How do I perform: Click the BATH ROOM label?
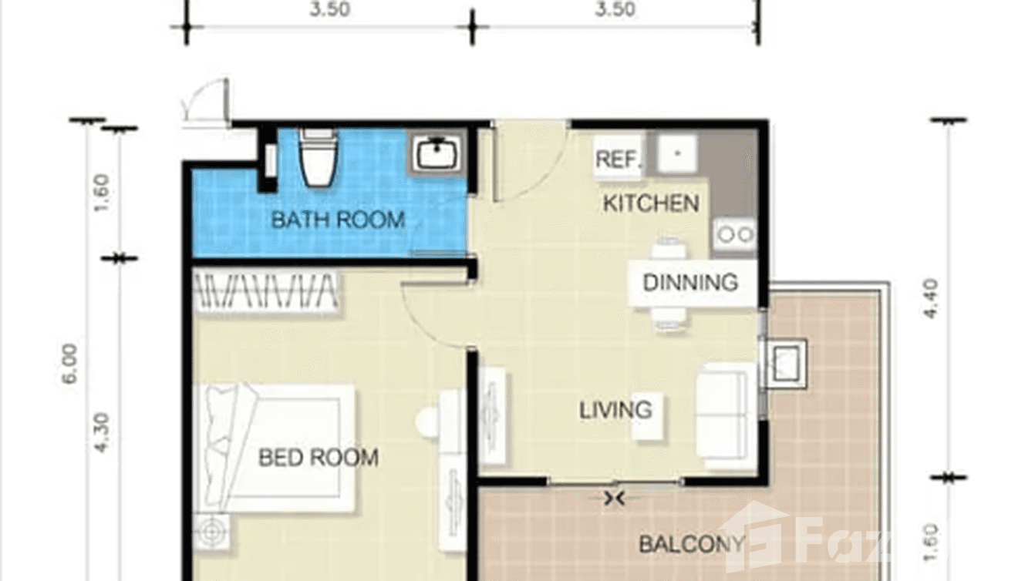(338, 220)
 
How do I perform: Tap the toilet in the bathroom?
(317, 158)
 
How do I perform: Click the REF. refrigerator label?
(619, 160)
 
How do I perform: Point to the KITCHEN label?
(651, 203)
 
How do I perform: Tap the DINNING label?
(690, 283)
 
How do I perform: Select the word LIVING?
(615, 409)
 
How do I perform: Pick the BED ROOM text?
(318, 458)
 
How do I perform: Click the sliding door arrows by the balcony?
(615, 499)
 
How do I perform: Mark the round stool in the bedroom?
(427, 421)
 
